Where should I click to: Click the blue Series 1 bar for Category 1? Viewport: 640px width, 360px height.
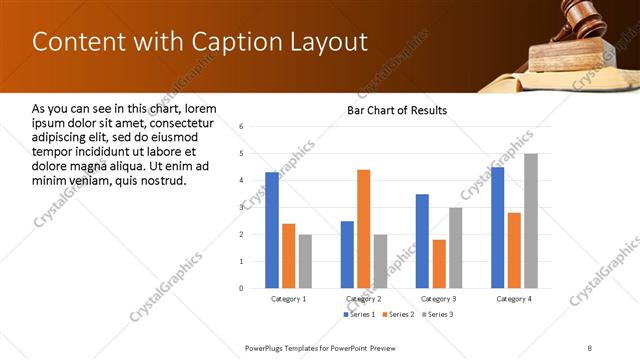(272, 230)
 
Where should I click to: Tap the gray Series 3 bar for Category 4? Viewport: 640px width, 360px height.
(530, 220)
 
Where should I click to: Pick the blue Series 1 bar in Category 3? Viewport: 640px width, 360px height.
(422, 241)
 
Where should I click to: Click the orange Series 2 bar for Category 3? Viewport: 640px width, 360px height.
(439, 264)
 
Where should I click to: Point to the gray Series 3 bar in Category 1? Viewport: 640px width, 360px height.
(305, 261)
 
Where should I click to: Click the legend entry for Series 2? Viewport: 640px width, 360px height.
(399, 315)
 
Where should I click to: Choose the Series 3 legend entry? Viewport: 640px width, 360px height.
(439, 315)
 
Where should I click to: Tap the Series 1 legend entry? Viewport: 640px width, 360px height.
(359, 315)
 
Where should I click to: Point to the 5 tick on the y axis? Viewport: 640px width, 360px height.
(242, 154)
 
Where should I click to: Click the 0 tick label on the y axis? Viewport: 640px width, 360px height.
(242, 288)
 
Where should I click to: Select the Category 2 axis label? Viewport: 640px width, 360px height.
(363, 299)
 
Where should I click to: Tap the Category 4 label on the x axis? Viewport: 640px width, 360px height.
(514, 299)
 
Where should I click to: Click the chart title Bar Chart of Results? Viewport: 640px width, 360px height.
(397, 110)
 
